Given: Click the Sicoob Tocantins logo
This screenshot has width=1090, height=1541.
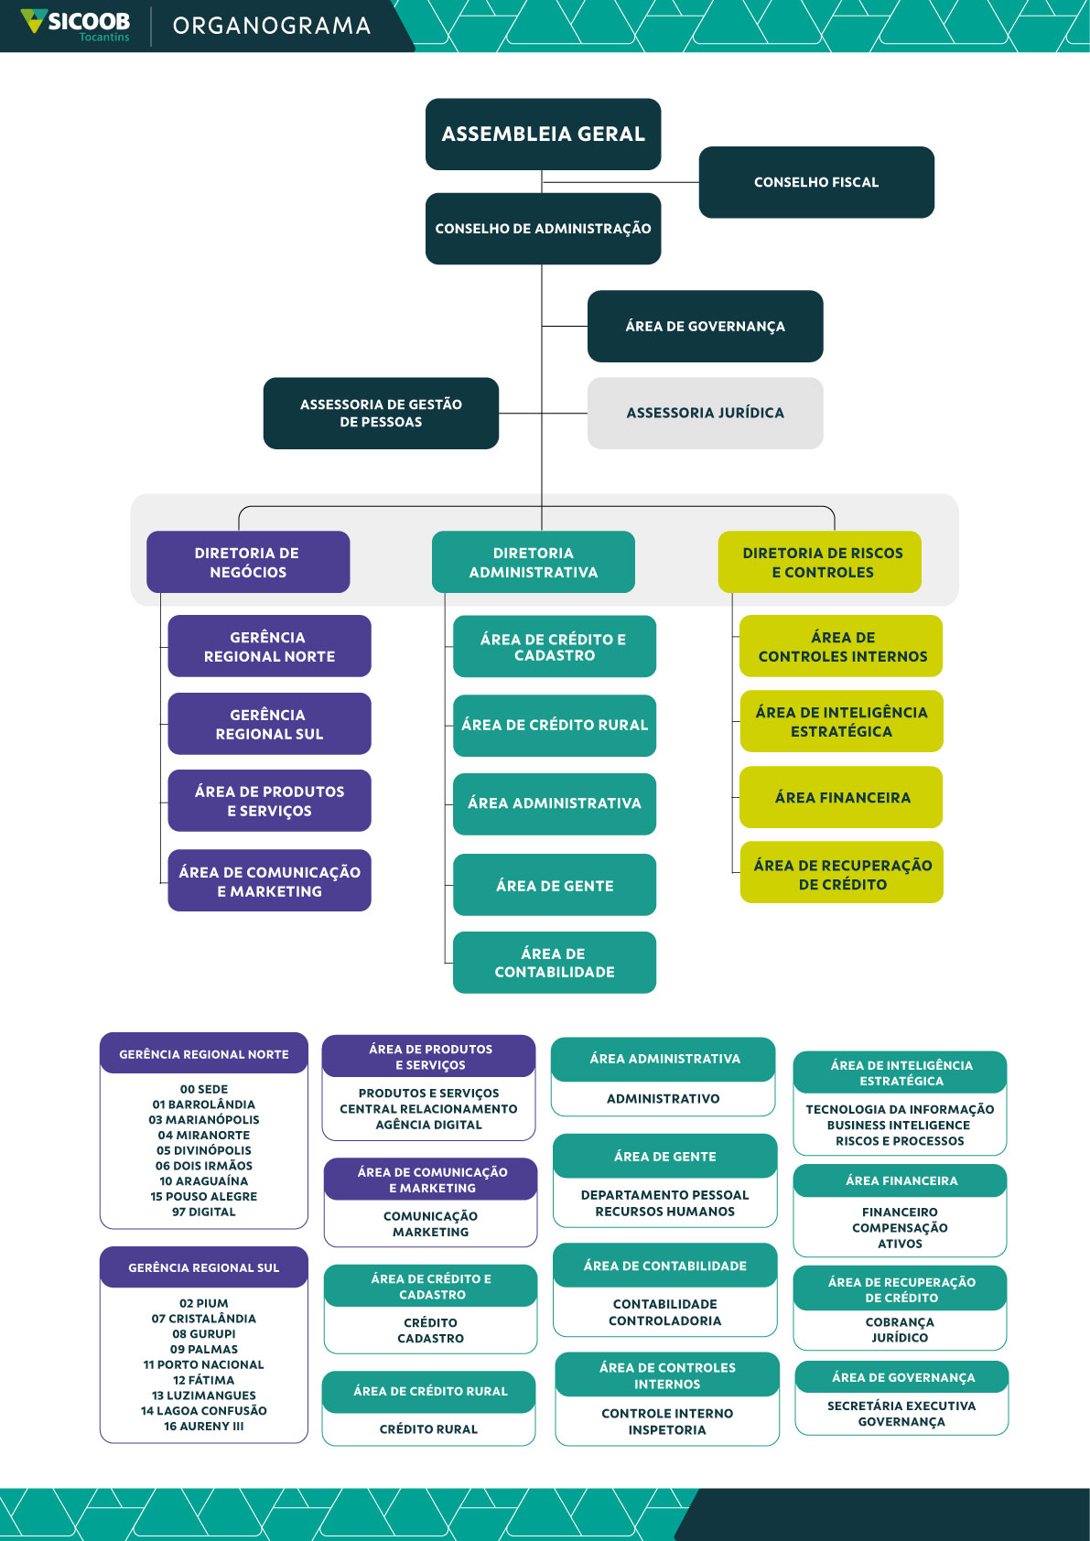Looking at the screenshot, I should [77, 25].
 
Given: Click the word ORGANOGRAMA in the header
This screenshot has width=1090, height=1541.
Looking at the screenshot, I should [272, 26].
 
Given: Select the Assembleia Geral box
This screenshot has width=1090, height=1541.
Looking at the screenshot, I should [543, 135].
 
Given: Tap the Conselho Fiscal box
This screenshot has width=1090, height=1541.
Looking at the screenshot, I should [816, 182].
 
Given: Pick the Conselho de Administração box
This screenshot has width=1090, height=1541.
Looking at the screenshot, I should [543, 229].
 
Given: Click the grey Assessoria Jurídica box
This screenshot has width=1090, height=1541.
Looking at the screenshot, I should [705, 413].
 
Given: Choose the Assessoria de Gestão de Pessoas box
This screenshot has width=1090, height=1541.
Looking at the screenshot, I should [381, 413].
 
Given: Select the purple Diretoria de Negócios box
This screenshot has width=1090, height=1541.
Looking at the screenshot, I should [248, 562].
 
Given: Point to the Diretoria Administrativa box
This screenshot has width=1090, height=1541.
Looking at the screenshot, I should [534, 562].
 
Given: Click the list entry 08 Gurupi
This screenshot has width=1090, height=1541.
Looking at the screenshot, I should [204, 1334].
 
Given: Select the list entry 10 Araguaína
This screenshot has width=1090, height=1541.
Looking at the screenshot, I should [204, 1181].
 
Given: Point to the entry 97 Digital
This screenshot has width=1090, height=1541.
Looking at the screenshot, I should [204, 1212].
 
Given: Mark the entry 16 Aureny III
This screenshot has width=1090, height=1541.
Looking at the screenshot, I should [204, 1426].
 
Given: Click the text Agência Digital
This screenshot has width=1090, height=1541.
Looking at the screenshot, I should [428, 1125].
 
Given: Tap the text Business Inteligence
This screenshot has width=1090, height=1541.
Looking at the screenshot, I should [899, 1126].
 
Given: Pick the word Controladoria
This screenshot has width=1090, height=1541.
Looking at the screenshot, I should [665, 1320].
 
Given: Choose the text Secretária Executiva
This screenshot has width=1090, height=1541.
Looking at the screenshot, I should [901, 1406].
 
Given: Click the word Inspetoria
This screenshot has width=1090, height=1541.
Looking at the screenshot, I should [667, 1429].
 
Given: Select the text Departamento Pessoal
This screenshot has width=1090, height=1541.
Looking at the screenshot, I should [665, 1195].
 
